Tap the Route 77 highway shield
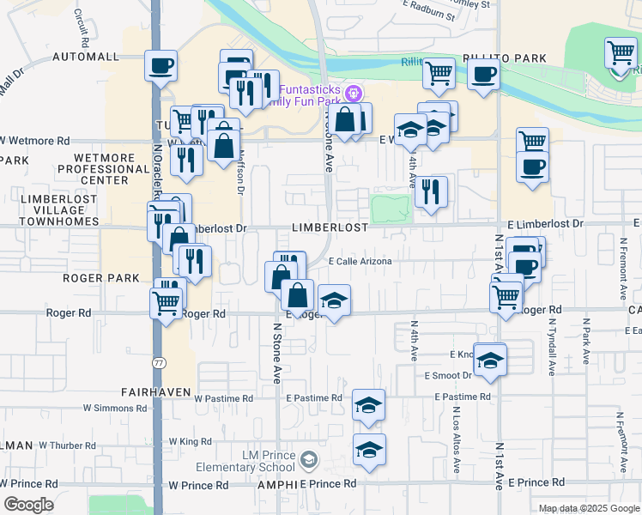point(157,339)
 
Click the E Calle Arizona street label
point(360,262)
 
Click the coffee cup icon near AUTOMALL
point(160,65)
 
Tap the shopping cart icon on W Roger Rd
point(166,301)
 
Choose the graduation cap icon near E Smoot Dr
point(490,360)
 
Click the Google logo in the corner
point(28,505)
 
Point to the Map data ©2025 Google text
point(588,508)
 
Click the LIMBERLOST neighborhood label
point(330,227)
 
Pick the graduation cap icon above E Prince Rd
point(369,449)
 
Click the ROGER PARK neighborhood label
point(94,278)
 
